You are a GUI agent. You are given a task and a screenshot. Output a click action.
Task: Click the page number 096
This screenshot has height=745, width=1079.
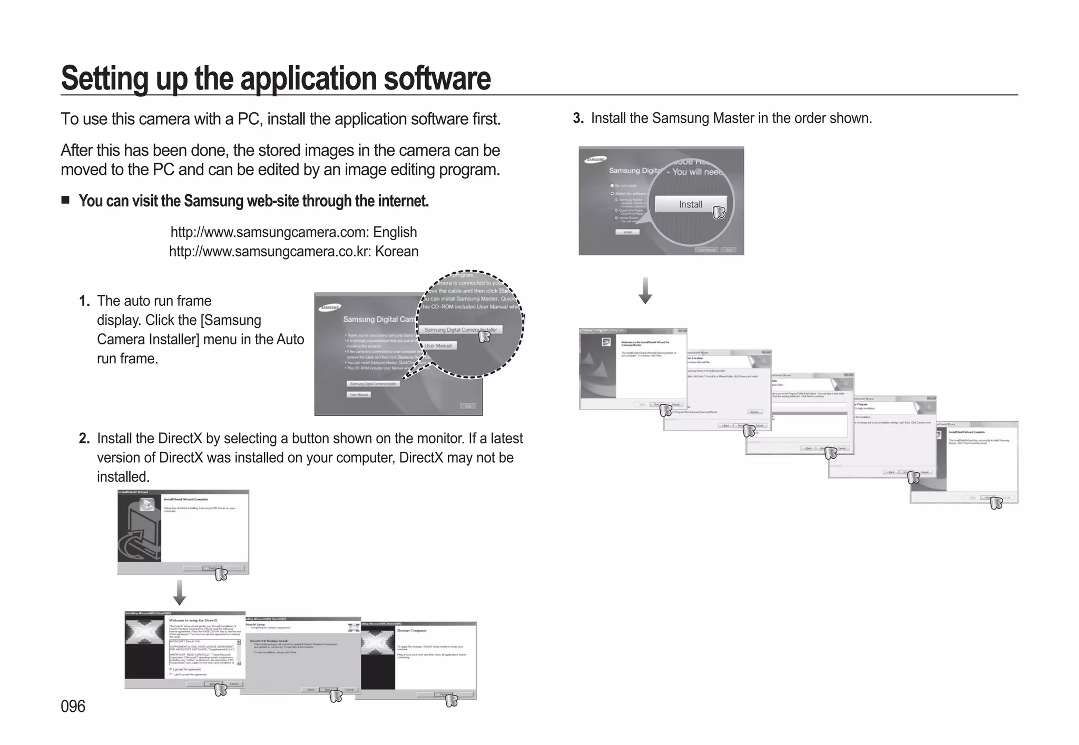coord(73,706)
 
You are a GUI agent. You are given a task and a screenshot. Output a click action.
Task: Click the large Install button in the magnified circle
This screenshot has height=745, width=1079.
coord(690,204)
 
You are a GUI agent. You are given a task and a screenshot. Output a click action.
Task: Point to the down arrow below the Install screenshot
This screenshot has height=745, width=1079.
coord(645,291)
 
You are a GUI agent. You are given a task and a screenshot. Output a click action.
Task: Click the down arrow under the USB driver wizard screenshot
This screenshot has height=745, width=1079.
coord(180,593)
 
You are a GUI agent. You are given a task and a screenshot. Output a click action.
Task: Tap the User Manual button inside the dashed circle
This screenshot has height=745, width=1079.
coord(438,346)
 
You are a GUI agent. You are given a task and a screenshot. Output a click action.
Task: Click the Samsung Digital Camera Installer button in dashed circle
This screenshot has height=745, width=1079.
coord(460,330)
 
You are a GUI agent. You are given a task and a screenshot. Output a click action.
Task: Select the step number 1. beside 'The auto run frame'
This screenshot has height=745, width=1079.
coord(84,301)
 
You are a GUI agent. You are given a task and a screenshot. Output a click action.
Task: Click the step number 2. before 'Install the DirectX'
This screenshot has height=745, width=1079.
coord(84,439)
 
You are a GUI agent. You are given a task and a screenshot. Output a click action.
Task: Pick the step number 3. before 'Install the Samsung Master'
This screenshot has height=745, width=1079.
coord(578,118)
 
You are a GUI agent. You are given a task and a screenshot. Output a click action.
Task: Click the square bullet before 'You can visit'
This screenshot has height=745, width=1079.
coord(65,200)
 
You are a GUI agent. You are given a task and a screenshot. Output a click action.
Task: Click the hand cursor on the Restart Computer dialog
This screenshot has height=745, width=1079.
coord(452,701)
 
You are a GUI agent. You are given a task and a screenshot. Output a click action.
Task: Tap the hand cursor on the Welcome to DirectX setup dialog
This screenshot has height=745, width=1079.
coord(221,689)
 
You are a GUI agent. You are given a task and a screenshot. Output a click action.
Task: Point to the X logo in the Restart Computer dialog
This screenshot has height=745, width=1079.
coord(377,642)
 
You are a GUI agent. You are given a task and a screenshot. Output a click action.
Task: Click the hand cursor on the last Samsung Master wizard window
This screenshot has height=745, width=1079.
coord(996,503)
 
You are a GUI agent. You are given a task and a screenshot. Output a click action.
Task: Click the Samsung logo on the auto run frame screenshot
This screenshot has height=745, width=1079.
coord(331,307)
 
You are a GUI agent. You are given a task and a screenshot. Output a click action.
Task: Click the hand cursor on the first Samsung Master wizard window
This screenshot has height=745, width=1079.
coord(666,410)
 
